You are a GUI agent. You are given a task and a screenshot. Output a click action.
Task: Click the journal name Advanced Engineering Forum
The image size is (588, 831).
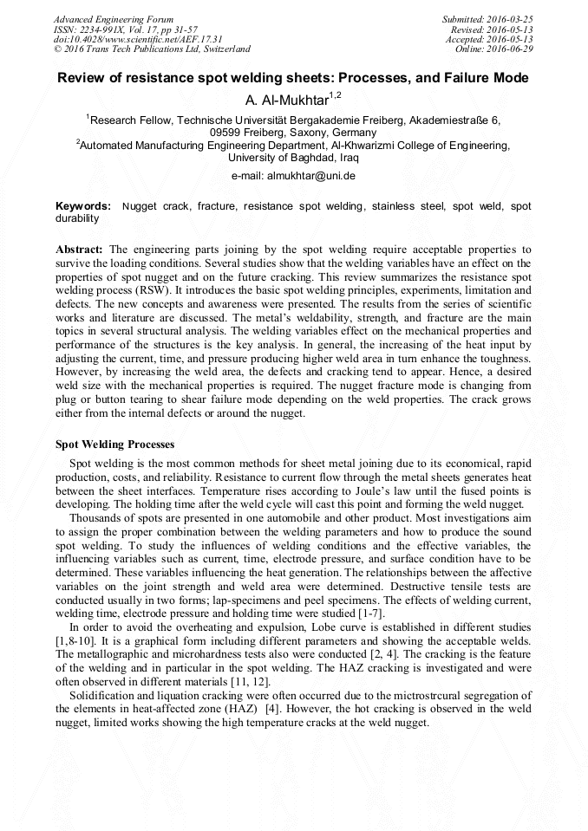113,19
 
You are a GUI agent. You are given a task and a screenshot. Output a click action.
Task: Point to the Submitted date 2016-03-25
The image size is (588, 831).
511,19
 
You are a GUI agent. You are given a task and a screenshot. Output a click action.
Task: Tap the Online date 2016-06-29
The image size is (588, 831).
511,49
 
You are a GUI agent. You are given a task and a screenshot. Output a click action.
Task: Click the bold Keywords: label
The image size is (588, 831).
83,207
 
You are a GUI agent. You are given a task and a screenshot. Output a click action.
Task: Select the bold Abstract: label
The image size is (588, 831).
80,250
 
